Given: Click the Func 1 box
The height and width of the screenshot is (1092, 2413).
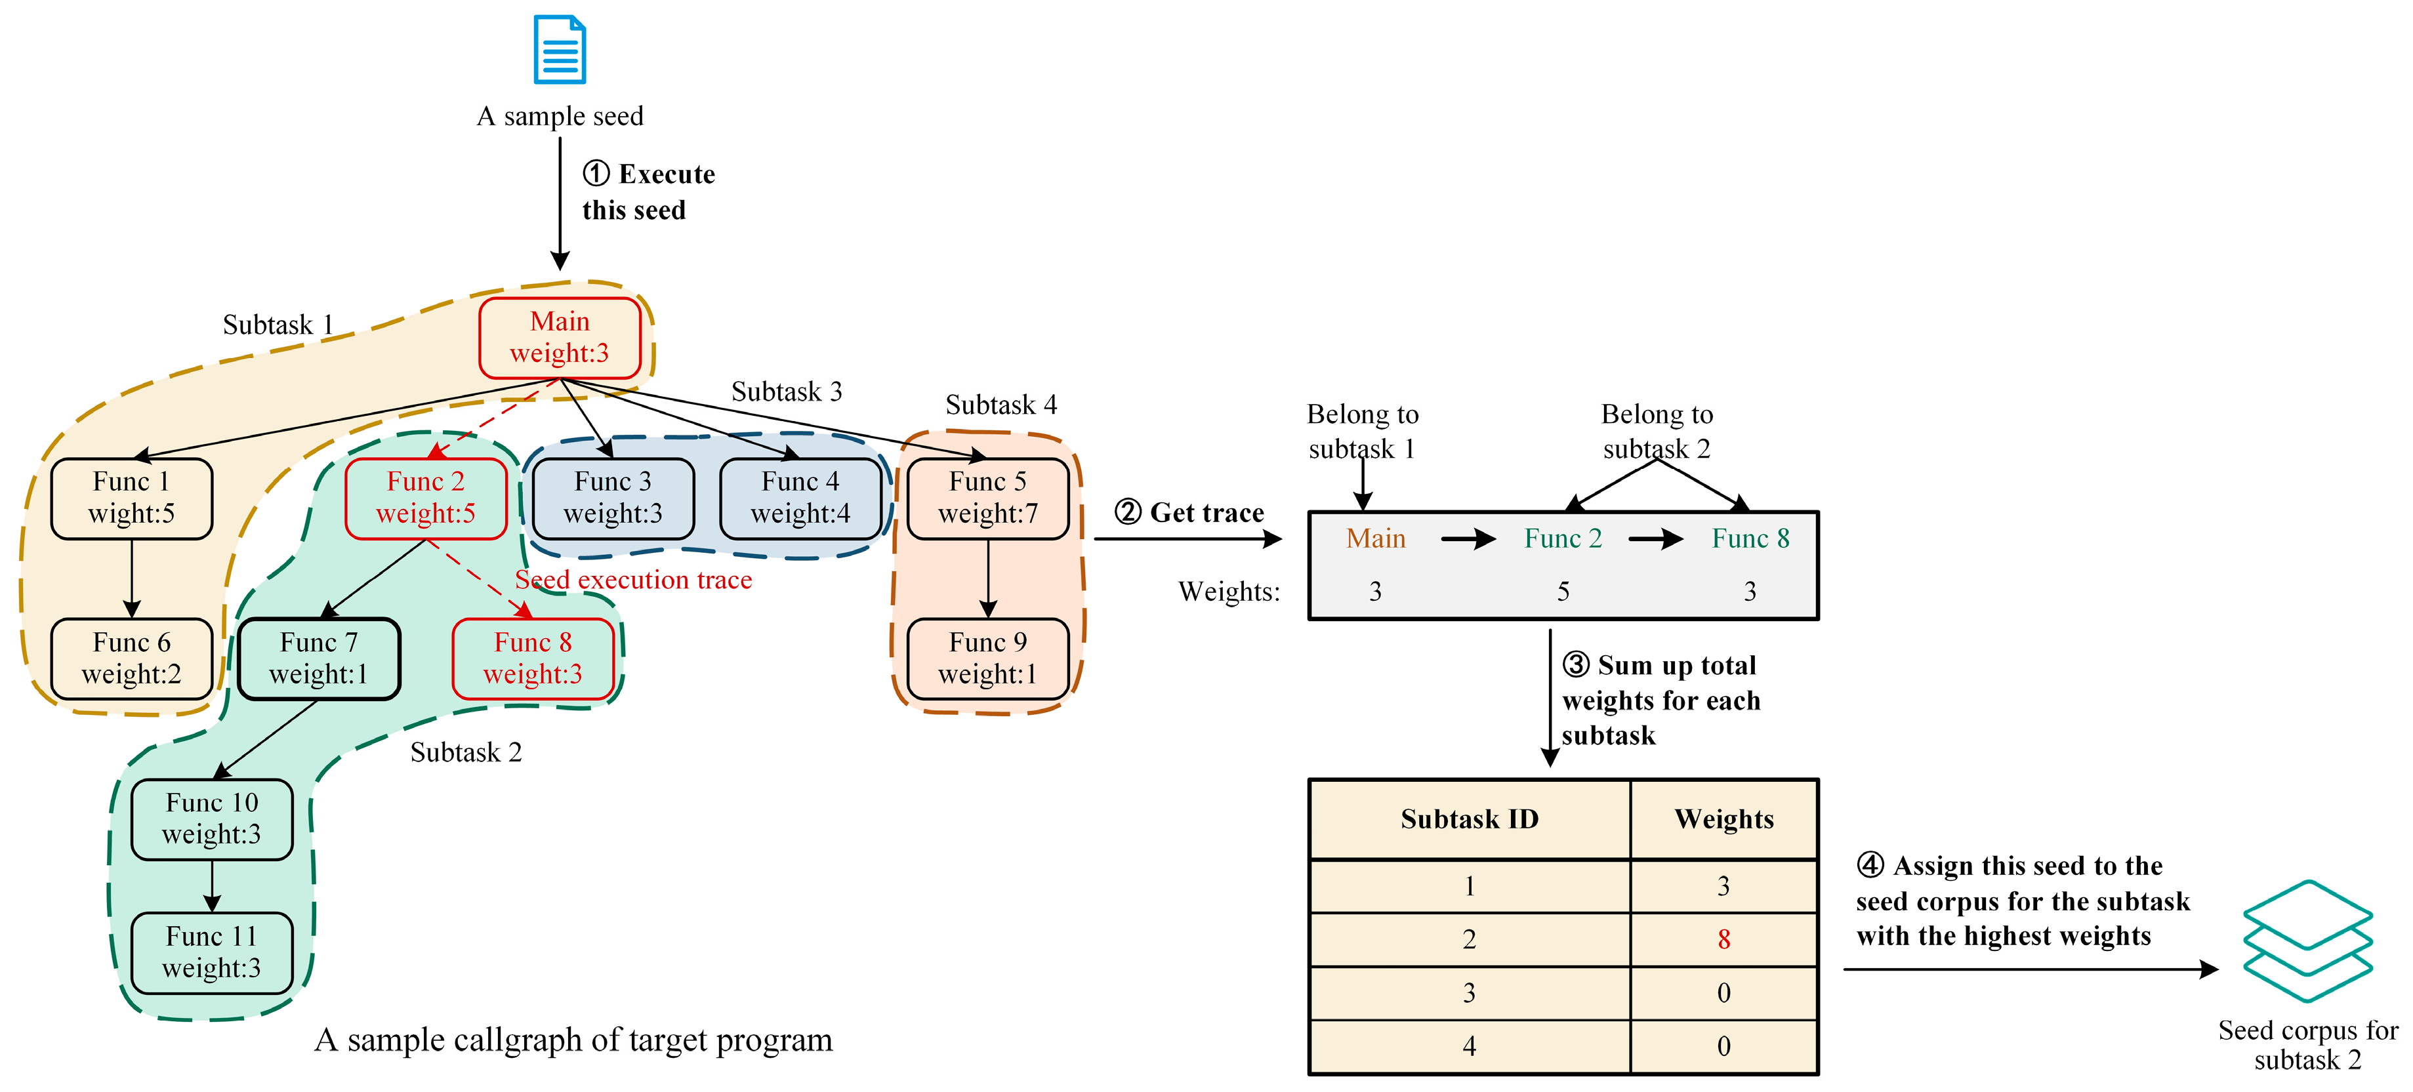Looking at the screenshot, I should pos(131,497).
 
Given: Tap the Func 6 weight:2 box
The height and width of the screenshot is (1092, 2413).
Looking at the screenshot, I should pos(131,658).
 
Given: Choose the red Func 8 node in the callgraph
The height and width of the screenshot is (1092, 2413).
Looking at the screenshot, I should pos(532,658).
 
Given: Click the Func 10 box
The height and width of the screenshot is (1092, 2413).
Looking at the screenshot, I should pos(212,819).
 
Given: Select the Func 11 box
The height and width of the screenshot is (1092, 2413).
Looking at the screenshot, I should pos(212,952).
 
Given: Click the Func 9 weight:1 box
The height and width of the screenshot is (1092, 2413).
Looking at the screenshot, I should pos(987,658).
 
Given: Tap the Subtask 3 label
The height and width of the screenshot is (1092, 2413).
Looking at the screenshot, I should pos(786,392).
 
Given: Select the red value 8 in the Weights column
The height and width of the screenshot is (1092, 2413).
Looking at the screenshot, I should pos(1723,939).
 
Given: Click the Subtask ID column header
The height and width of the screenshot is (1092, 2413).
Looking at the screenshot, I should pos(1469,819).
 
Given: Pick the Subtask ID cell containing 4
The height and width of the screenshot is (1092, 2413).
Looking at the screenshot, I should pos(1469,1046).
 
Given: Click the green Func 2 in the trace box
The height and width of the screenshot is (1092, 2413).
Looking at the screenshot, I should pos(1563,538).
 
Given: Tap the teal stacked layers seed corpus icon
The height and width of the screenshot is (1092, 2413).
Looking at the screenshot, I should pos(2307,941).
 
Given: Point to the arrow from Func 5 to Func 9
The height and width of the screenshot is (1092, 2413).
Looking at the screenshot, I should pos(987,578).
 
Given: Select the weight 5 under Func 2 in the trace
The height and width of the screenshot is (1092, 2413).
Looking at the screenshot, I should pos(1563,592).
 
